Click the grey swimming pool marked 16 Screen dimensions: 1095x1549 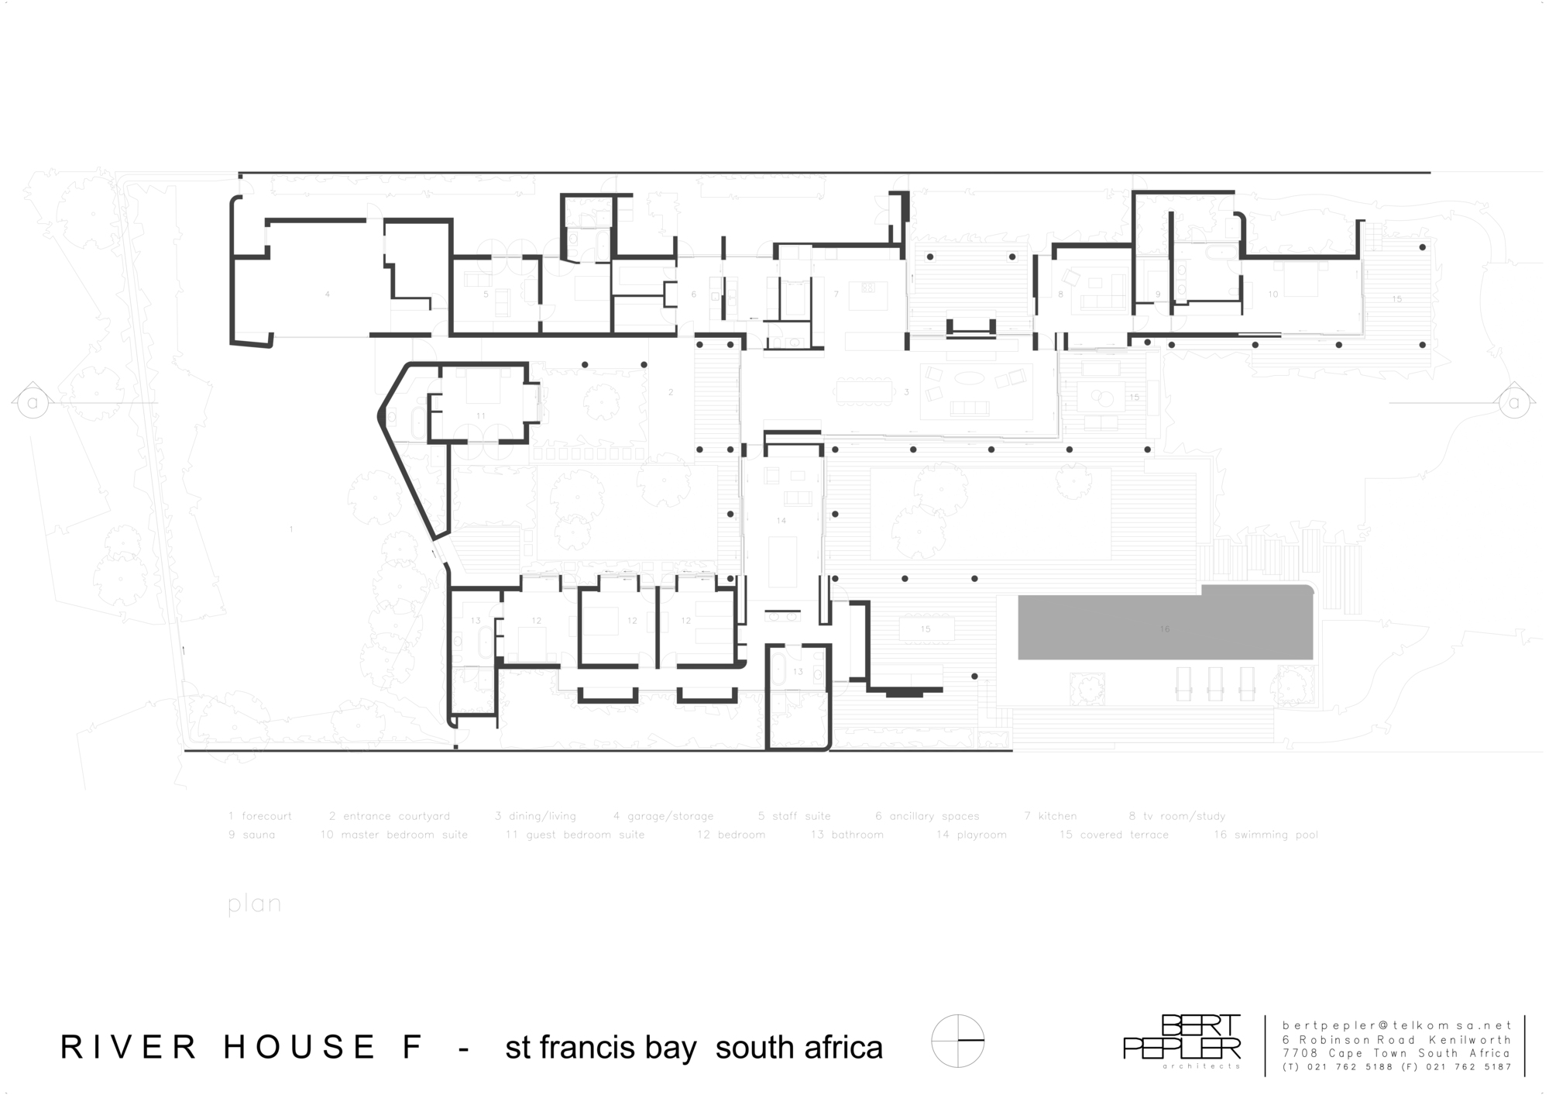coord(1165,628)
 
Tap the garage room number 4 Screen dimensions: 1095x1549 coord(328,294)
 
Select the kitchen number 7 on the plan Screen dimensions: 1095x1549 coord(836,294)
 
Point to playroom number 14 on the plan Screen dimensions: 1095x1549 coord(781,521)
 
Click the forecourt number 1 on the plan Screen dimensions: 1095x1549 coord(291,529)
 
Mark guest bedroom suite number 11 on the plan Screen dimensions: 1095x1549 coord(481,416)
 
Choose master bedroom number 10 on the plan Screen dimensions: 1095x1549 coord(1273,294)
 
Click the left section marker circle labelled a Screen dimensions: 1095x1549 coord(33,403)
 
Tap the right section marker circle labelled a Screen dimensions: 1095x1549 coord(1514,403)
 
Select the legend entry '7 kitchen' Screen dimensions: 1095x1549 coord(1050,816)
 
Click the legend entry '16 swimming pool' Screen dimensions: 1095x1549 coord(1266,835)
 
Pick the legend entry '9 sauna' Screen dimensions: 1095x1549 coord(252,835)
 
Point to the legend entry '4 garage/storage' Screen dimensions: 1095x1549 coord(663,816)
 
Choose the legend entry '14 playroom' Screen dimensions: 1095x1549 coord(971,835)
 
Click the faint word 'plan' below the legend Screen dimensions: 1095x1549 coord(254,904)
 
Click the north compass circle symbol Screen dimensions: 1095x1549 coord(958,1041)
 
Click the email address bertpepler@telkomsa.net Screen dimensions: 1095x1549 coord(1396,1025)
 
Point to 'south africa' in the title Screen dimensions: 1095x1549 coord(799,1048)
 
